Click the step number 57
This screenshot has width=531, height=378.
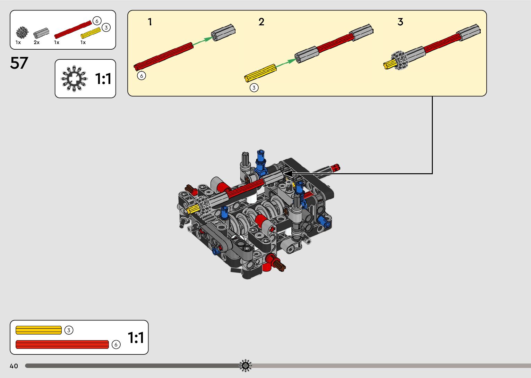(19, 63)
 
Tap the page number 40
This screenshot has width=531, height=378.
(14, 366)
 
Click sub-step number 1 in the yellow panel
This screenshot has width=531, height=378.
(150, 22)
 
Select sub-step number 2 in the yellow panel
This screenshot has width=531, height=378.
(261, 22)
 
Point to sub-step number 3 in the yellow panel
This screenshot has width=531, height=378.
(400, 22)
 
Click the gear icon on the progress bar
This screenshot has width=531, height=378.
(245, 366)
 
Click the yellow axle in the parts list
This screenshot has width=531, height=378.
(91, 33)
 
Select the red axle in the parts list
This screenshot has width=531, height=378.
(73, 30)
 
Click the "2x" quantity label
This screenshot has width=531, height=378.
(36, 42)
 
